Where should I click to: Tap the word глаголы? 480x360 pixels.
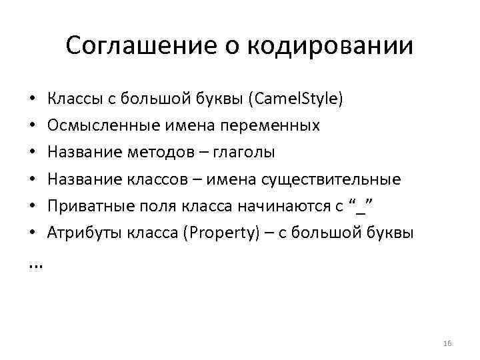[x=243, y=152]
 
